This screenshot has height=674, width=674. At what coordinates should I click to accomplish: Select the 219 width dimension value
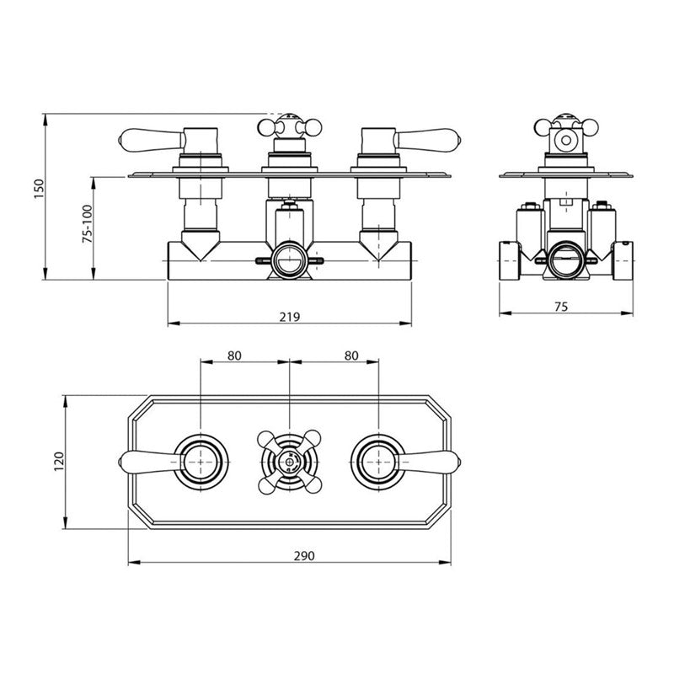[x=290, y=317]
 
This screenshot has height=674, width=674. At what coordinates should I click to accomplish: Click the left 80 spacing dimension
[x=235, y=356]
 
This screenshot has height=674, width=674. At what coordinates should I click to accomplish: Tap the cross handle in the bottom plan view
[x=290, y=460]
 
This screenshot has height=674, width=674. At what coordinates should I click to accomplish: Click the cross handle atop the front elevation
[x=290, y=127]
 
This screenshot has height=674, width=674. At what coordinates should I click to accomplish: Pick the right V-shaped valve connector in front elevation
[x=378, y=245]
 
